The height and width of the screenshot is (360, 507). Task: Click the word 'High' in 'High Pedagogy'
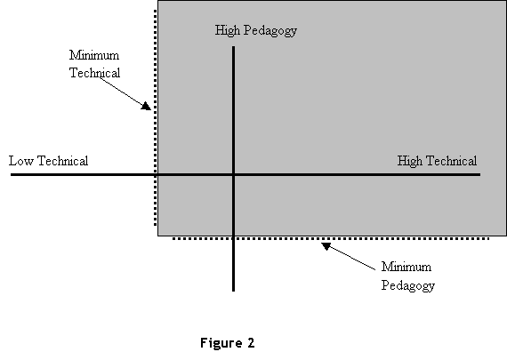tap(228, 31)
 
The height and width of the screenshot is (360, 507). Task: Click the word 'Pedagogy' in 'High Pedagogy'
tap(270, 31)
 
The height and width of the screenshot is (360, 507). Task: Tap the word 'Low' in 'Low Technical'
tap(21, 161)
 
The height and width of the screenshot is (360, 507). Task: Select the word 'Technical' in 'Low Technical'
tap(63, 161)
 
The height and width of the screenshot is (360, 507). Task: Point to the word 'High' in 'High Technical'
tap(410, 161)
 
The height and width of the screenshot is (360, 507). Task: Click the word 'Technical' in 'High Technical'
tap(451, 161)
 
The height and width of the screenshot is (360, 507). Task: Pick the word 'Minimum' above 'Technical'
tap(94, 55)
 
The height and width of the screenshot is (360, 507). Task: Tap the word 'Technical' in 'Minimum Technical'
tap(95, 73)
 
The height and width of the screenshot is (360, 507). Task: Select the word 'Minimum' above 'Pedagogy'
tap(406, 267)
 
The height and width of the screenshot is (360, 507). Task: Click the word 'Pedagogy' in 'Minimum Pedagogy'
tap(408, 285)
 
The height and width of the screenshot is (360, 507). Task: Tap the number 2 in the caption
tap(251, 342)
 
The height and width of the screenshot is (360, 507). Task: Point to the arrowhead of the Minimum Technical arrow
tap(147, 106)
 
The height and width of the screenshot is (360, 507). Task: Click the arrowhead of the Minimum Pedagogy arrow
tap(326, 246)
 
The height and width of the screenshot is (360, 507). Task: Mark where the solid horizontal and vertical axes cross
tap(233, 175)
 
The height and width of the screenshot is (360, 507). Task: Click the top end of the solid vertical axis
tap(233, 46)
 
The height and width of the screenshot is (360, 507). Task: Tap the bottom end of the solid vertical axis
tap(233, 292)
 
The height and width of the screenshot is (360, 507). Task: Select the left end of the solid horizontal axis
tap(11, 175)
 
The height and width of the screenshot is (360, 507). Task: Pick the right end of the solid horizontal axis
tap(480, 175)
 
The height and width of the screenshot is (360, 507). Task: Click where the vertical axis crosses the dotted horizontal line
tap(233, 239)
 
